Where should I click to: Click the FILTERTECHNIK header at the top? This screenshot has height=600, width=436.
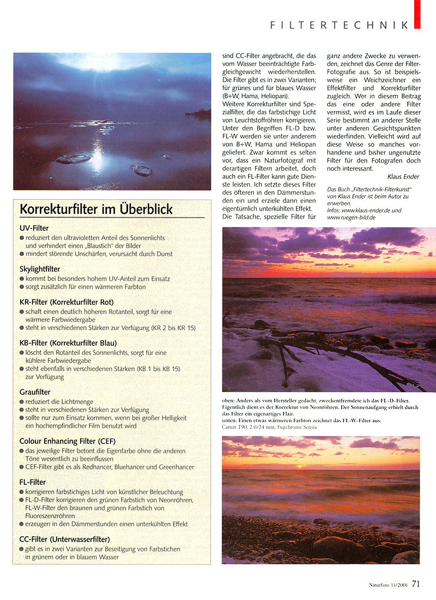click(339, 25)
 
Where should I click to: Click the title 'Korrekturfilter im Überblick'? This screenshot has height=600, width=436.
click(96, 209)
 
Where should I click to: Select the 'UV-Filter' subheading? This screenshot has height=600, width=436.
click(34, 228)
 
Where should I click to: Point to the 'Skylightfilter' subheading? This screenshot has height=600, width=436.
click(40, 269)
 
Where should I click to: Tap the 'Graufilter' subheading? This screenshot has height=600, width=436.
click(35, 392)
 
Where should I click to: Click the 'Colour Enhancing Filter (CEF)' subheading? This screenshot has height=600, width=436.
click(68, 441)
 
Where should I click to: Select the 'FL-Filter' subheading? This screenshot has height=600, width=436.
click(33, 482)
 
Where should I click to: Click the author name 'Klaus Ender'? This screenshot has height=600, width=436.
click(404, 177)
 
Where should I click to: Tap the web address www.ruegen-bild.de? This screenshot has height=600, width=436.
click(351, 218)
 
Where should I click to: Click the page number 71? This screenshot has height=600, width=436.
click(416, 584)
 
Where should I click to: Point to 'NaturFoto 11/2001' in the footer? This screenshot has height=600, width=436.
click(388, 585)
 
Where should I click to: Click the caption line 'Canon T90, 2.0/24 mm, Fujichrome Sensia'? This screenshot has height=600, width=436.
click(269, 427)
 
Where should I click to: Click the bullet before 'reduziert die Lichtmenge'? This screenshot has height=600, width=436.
click(22, 401)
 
